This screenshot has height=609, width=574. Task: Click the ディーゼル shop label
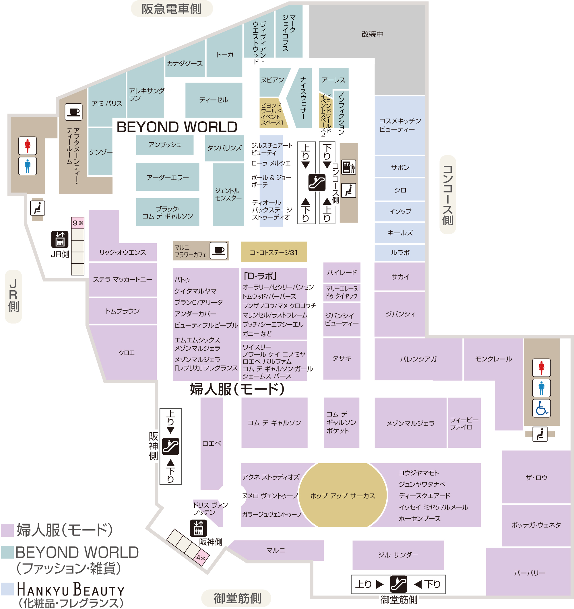[214, 100]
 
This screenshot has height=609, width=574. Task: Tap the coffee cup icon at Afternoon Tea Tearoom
[73, 112]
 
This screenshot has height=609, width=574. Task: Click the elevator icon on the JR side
[60, 239]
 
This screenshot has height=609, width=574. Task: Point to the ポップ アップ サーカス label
[343, 496]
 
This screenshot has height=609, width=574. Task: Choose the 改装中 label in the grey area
[372, 34]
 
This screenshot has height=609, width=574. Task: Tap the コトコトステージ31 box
[274, 252]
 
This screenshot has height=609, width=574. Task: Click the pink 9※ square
[78, 223]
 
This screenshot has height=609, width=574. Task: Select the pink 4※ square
[201, 558]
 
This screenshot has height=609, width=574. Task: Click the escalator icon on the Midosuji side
[398, 584]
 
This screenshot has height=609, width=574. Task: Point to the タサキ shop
[342, 358]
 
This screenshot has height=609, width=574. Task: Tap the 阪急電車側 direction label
[171, 9]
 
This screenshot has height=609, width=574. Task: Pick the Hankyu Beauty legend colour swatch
[7, 589]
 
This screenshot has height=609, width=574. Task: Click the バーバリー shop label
[529, 573]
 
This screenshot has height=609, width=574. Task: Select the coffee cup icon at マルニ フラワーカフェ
[218, 251]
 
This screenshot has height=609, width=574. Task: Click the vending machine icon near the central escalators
[348, 167]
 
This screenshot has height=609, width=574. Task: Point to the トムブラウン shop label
[122, 311]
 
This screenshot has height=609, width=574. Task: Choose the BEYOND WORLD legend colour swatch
[7, 552]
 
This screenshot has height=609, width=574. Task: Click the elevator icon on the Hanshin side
[198, 528]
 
